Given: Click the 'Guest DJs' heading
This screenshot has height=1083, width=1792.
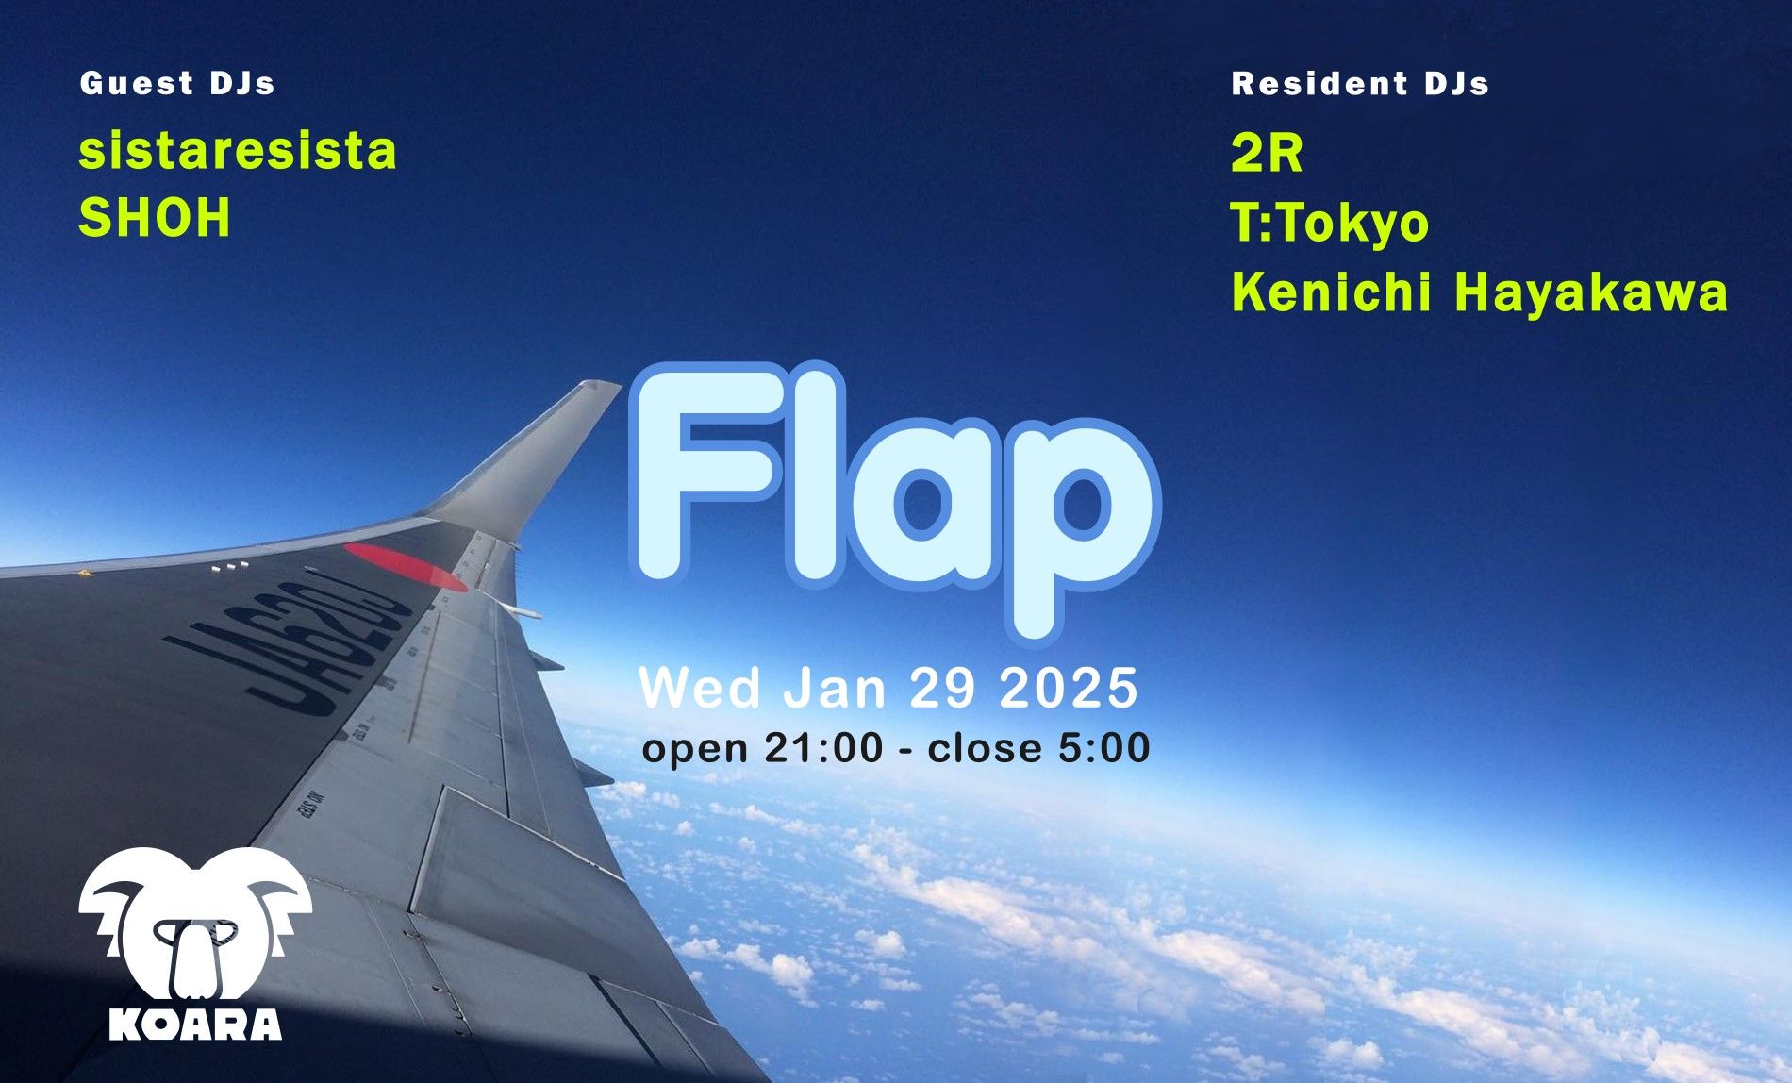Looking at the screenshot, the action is (x=177, y=84).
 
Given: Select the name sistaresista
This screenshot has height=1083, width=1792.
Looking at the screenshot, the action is (x=238, y=151).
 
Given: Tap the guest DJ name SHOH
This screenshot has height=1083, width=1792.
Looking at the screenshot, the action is (x=155, y=218).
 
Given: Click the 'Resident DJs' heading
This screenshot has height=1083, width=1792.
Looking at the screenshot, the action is (x=1360, y=84).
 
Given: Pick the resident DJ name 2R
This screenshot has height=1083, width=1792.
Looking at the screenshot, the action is (x=1268, y=154).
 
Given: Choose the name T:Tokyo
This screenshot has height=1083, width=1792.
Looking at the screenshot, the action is (x=1331, y=224).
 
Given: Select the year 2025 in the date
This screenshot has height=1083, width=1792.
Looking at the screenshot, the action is (x=1069, y=688).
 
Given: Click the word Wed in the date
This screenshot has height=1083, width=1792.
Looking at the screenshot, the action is (x=701, y=688).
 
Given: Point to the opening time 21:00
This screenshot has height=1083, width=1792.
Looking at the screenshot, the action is (x=823, y=748).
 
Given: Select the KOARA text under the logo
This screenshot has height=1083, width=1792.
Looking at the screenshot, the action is (x=195, y=1024).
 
